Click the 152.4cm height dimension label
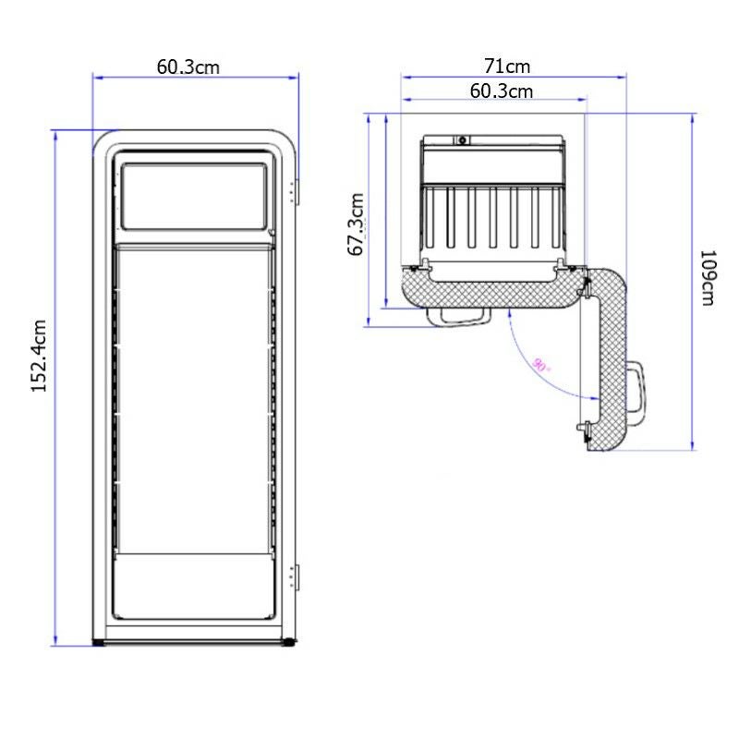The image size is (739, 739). tap(40, 356)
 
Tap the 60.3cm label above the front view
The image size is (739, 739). tap(188, 67)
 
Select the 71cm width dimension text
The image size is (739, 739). tap(507, 67)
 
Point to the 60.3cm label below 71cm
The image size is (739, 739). tap(502, 91)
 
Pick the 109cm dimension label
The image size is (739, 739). tap(708, 278)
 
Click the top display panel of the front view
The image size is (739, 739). tap(194, 196)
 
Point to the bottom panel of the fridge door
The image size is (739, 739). tap(194, 587)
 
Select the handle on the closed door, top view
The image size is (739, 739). tap(458, 315)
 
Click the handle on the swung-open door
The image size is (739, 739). tap(637, 388)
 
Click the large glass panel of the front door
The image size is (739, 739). tap(194, 397)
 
